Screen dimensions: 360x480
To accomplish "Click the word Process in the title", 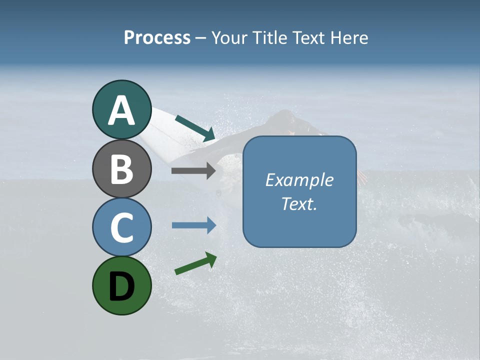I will [157, 38].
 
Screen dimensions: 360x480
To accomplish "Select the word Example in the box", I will [299, 180].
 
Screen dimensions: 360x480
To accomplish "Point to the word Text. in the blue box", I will [299, 203].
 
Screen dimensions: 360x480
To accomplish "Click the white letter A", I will [121, 110].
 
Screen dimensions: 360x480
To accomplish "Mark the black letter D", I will [121, 287].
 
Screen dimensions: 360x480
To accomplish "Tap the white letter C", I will [121, 227].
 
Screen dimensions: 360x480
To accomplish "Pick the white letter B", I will [121, 169].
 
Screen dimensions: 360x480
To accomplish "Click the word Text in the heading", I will [306, 38].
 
